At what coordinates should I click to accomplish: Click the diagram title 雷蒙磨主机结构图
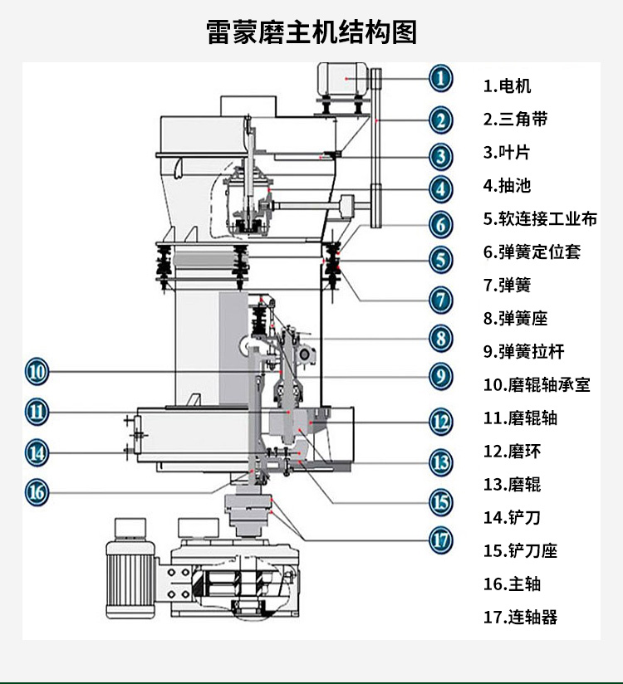(311, 32)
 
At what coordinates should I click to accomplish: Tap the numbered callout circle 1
(441, 80)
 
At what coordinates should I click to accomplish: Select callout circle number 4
(441, 188)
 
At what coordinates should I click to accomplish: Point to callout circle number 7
(441, 299)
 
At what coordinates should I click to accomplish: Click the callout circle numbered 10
(36, 371)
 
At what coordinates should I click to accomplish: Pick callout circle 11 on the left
(36, 411)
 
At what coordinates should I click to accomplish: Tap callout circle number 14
(36, 452)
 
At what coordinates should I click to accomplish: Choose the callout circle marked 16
(36, 492)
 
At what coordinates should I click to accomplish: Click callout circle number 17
(441, 540)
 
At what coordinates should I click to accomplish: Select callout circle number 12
(441, 420)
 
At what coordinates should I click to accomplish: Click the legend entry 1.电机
(508, 85)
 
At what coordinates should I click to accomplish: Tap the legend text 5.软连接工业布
(540, 218)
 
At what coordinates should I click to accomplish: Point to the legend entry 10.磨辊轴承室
(537, 384)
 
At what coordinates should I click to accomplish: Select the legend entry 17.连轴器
(520, 617)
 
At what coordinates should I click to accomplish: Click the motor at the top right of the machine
(345, 81)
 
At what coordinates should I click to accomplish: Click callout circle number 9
(441, 376)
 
